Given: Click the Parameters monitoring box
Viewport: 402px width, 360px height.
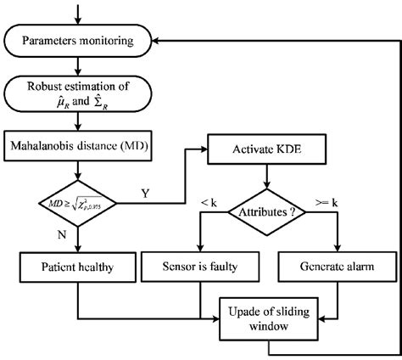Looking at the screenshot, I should pyautogui.click(x=79, y=39).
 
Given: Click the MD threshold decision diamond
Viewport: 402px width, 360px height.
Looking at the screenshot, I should pyautogui.click(x=79, y=202).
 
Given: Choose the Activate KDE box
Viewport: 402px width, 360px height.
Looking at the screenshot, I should pyautogui.click(x=268, y=149).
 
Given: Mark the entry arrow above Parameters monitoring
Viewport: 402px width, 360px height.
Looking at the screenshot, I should pyautogui.click(x=79, y=13).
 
